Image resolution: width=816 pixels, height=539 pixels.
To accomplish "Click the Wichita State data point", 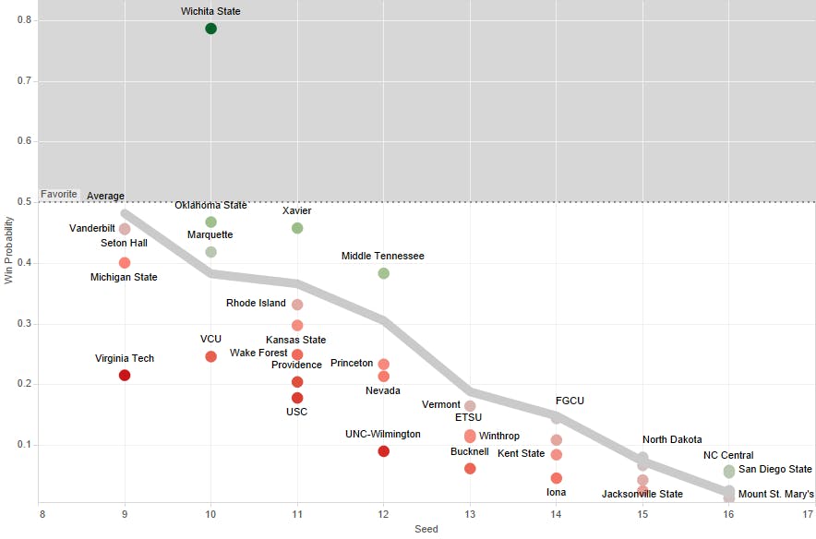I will [210, 29].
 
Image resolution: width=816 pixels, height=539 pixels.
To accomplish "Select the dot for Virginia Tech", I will [125, 375].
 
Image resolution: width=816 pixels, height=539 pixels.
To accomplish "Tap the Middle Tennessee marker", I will [384, 273].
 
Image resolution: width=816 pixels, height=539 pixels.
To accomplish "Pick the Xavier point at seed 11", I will [297, 228].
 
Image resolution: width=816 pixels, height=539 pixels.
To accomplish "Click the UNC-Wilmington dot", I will [384, 451].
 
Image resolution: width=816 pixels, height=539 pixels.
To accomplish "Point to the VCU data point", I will [210, 356].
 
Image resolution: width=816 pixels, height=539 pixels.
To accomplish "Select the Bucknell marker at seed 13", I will [470, 469].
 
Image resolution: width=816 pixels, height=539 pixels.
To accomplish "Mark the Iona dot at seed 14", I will [557, 478].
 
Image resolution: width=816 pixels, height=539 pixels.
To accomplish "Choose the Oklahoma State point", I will [210, 222].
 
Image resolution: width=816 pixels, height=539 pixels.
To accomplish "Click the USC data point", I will [297, 398].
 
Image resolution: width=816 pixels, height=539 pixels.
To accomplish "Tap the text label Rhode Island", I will [256, 303].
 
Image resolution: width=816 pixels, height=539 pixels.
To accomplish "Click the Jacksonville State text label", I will [642, 495].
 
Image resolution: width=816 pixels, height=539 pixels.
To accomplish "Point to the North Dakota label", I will [672, 439].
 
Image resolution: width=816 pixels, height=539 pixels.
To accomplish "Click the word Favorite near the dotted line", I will [59, 195].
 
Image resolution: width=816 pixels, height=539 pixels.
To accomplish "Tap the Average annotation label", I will [105, 196].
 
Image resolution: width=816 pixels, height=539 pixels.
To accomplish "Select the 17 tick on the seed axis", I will [809, 513].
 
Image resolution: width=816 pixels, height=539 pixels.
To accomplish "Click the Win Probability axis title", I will [9, 251].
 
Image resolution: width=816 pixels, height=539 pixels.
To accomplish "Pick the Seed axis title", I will [426, 530].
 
